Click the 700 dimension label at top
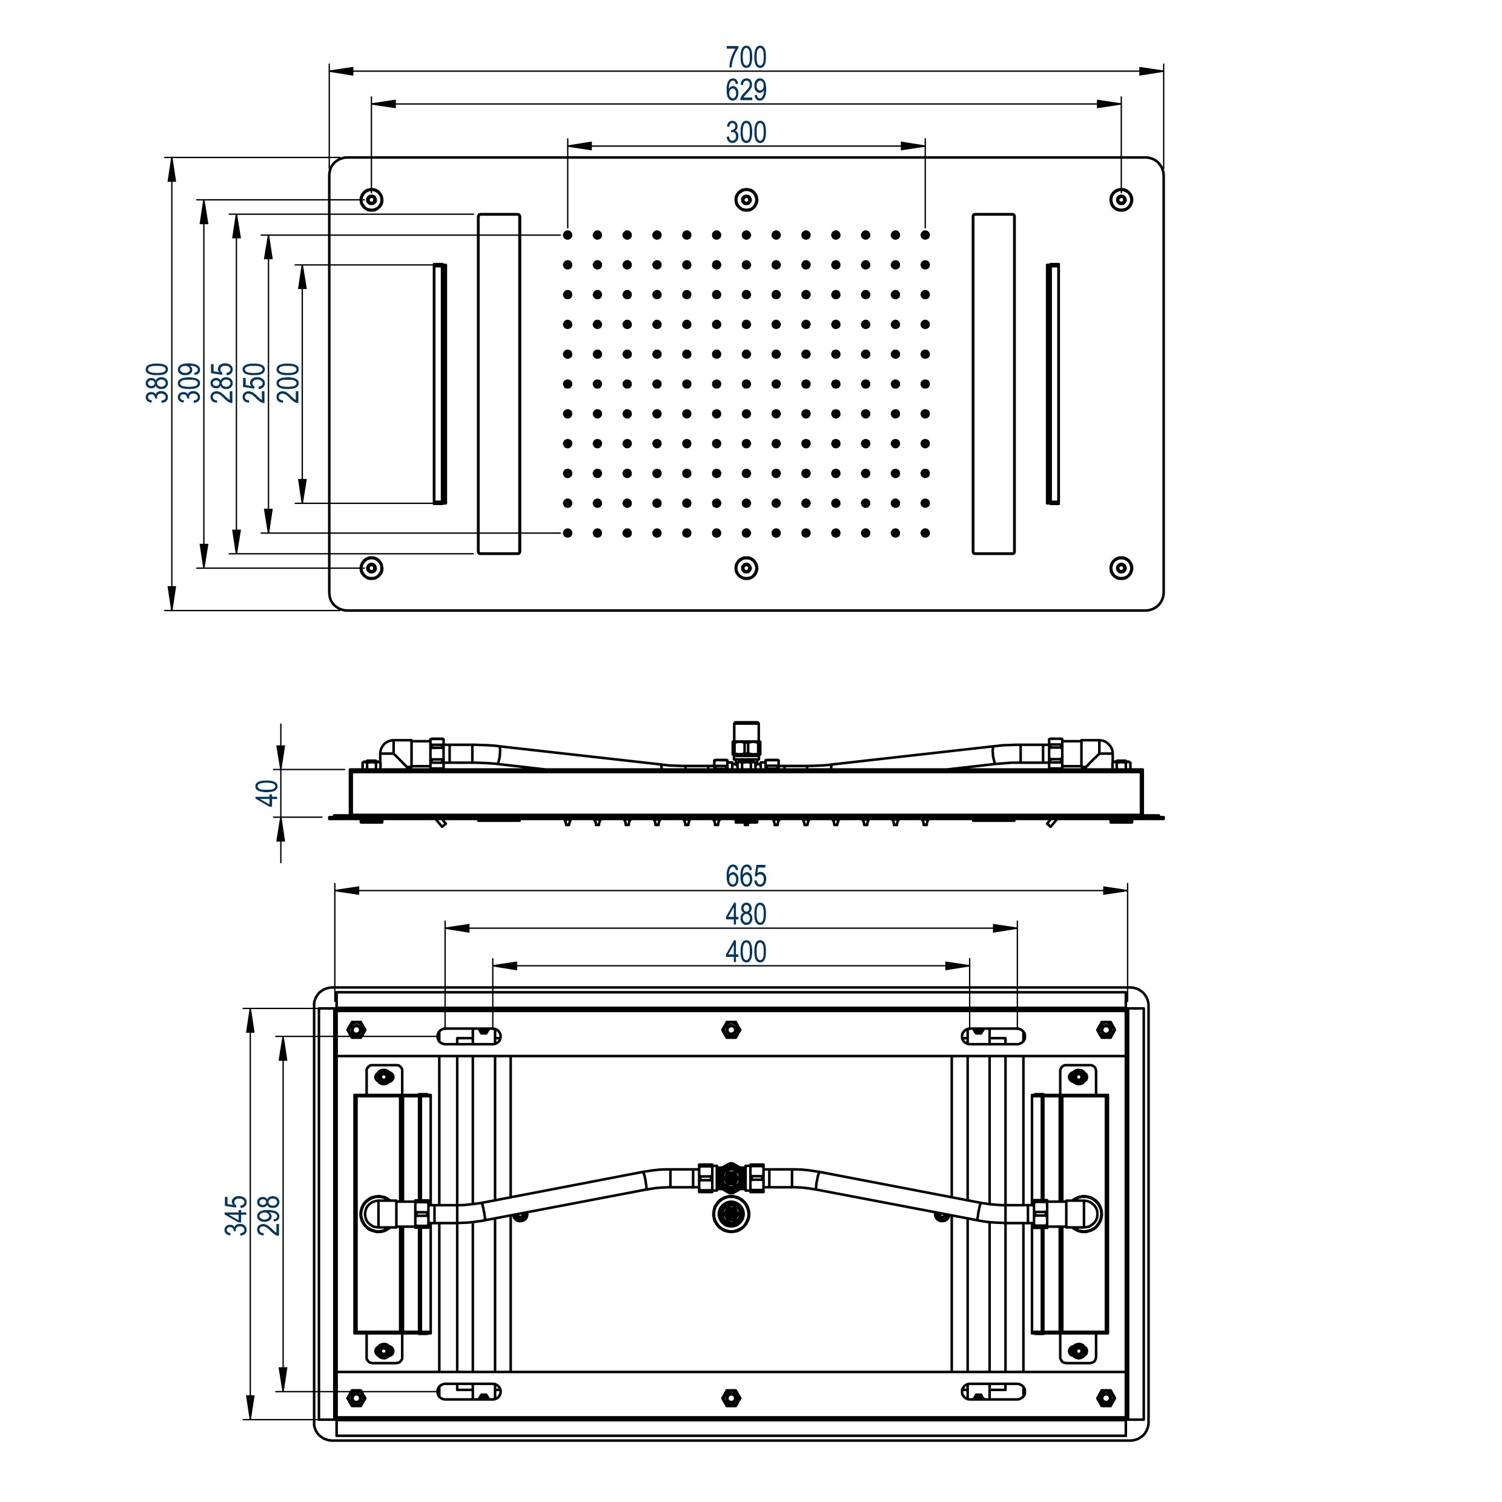coord(746,58)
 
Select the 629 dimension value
coord(746,91)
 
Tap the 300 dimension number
coord(746,133)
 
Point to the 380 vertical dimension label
coord(158,383)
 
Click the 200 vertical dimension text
coord(288,383)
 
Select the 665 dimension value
coord(746,876)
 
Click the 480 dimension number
coord(746,915)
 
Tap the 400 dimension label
coord(746,951)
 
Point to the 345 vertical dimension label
coord(236,1216)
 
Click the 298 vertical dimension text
coord(269,1216)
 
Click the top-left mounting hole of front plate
coord(372,200)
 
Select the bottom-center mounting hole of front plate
coord(746,568)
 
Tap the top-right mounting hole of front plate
coord(1120,200)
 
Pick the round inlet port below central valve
coord(731,1214)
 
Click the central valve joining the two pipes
coord(731,1178)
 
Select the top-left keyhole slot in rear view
coord(469,1036)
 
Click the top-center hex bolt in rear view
coord(731,1030)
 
